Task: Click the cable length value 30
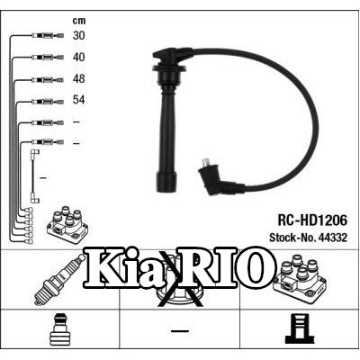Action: [78, 35]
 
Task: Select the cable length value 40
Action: [78, 57]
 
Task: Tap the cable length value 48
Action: [78, 78]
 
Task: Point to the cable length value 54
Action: [78, 100]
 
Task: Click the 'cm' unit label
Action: [79, 21]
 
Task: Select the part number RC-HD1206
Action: [312, 220]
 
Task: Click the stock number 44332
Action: [332, 238]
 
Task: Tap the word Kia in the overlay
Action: [125, 267]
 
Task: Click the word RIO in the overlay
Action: [227, 266]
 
